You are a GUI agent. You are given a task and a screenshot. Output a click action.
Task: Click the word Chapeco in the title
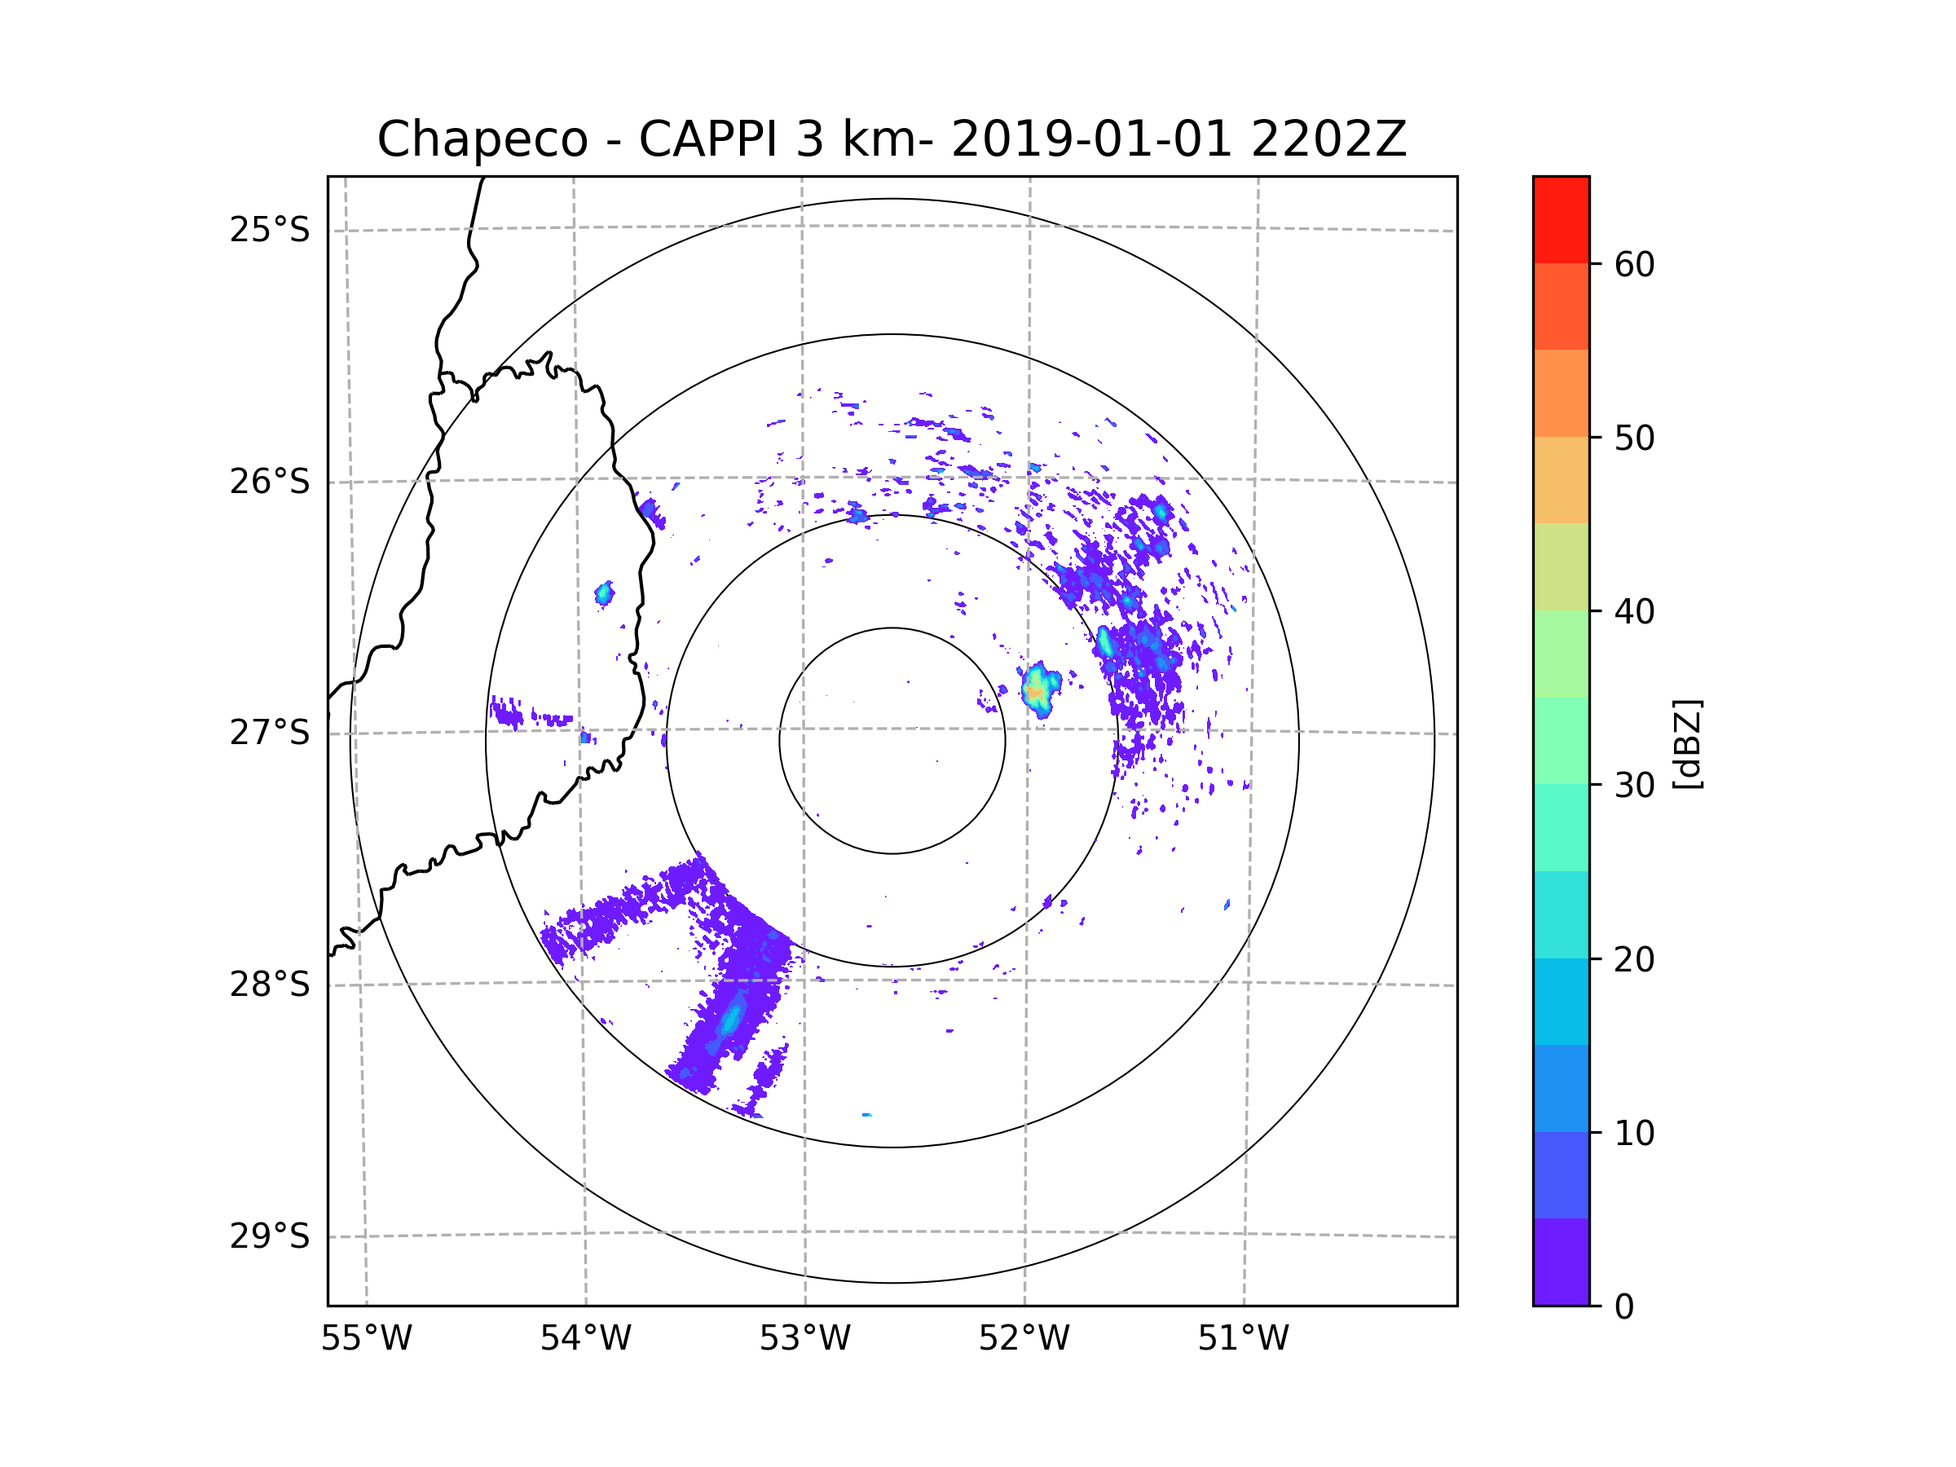[x=482, y=139]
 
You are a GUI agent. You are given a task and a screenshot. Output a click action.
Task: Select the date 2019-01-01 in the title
[x=1090, y=139]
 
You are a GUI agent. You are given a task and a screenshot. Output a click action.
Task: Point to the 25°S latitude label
[x=270, y=230]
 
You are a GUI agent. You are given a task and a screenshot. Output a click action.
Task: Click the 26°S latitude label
[x=270, y=482]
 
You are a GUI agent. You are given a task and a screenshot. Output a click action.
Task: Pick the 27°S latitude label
[x=270, y=733]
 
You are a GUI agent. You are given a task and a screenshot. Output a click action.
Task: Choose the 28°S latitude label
[x=270, y=985]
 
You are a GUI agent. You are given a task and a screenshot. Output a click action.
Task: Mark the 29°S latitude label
[x=270, y=1236]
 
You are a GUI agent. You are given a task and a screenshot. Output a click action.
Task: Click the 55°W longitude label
[x=366, y=1339]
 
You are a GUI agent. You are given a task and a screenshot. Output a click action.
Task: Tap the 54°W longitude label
[x=585, y=1339]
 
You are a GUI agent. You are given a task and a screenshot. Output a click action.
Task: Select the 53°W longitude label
[x=804, y=1339]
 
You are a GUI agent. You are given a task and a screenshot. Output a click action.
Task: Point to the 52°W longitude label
[x=1024, y=1339]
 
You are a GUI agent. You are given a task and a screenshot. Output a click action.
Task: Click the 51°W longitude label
[x=1243, y=1339]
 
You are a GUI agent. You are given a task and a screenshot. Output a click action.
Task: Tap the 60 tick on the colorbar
[x=1634, y=264]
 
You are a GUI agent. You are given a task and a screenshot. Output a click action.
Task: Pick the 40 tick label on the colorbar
[x=1634, y=612]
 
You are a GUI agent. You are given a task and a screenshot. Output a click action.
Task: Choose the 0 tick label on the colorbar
[x=1624, y=1307]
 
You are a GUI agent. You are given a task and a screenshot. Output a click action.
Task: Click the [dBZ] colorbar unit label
[x=1687, y=743]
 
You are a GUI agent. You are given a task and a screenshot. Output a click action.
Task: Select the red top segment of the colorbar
[x=1561, y=219]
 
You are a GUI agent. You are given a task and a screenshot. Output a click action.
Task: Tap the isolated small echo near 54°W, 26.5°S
[x=604, y=594]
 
